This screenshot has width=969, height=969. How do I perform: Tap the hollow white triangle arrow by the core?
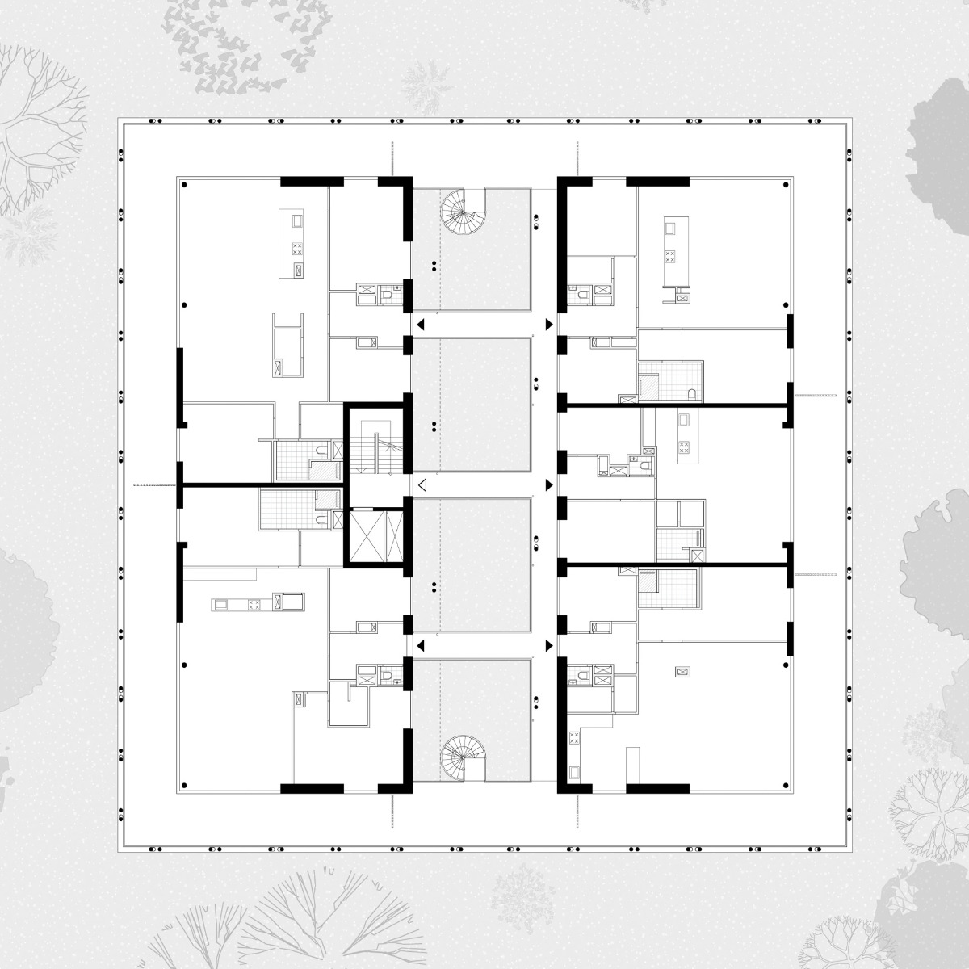coord(421,484)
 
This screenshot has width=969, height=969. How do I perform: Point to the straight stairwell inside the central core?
coord(375,447)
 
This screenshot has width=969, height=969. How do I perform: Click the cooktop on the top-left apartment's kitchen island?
coord(297,250)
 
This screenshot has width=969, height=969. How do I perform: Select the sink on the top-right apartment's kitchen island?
coord(669,229)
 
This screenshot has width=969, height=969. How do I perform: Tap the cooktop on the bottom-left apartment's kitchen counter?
coord(254,602)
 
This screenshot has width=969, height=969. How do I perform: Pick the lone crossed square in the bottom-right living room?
coord(682,671)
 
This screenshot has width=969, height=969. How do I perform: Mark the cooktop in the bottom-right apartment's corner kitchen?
coord(575,737)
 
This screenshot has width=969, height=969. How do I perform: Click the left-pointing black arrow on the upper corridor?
coord(420,325)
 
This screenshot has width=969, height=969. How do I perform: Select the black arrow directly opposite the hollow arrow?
coord(549,484)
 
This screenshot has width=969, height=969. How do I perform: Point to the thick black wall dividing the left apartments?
coord(262,485)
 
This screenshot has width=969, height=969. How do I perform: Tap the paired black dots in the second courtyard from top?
coord(434,425)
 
